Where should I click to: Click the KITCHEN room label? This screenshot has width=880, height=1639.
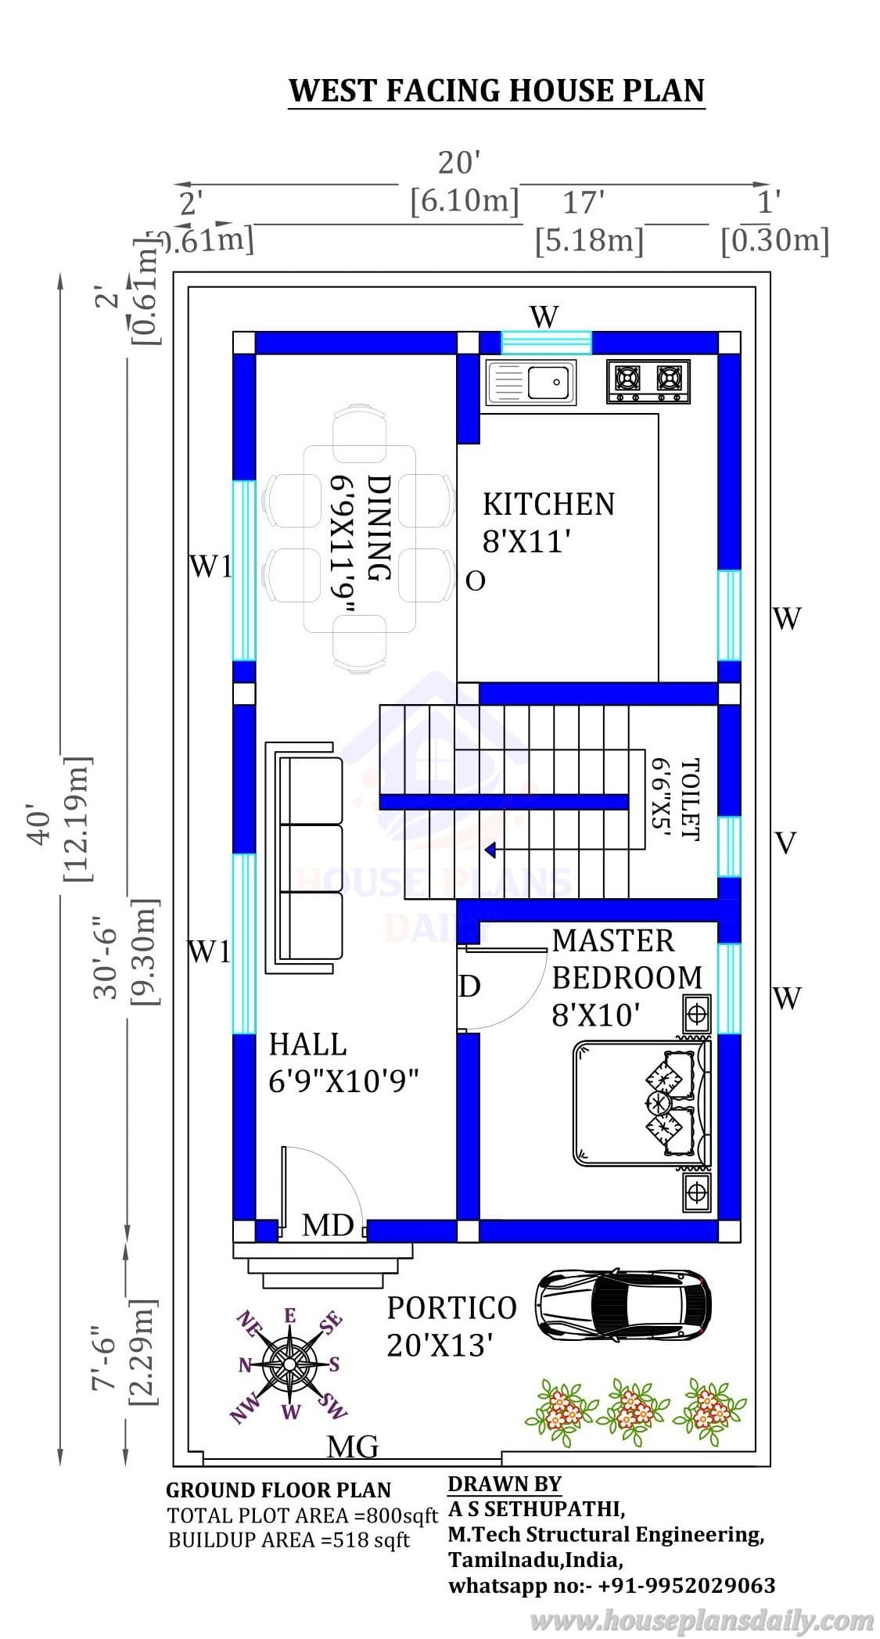548,504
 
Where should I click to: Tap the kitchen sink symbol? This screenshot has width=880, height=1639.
530,383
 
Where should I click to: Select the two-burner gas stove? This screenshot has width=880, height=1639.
648,381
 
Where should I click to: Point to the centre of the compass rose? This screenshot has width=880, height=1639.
289,1364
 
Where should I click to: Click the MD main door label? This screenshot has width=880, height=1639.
328,1225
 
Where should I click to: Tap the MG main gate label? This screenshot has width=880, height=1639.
353,1447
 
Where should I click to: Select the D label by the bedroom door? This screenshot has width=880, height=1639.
469,987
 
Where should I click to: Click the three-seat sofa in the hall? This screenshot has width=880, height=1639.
305,857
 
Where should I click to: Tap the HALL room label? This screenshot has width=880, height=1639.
307,1044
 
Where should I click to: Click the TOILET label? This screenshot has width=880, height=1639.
689,799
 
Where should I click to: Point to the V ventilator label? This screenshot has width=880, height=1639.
785,843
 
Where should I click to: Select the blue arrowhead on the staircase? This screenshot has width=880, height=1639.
490,849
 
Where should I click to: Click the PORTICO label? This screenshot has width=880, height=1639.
452,1307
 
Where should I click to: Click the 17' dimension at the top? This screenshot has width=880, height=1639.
584,203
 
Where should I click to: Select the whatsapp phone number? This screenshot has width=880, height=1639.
687,1585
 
